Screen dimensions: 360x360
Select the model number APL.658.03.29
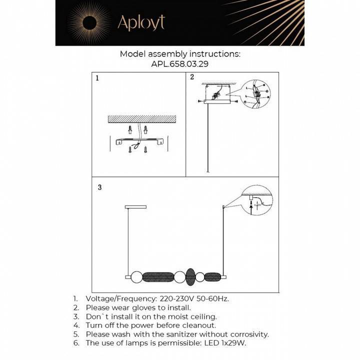point(180,64)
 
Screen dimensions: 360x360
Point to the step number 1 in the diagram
point(97,78)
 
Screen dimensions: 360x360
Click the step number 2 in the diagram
point(192,77)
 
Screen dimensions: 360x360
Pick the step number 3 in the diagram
point(100,187)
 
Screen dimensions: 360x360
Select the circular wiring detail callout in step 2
point(255,93)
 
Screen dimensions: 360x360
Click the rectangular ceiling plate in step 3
point(133,205)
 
